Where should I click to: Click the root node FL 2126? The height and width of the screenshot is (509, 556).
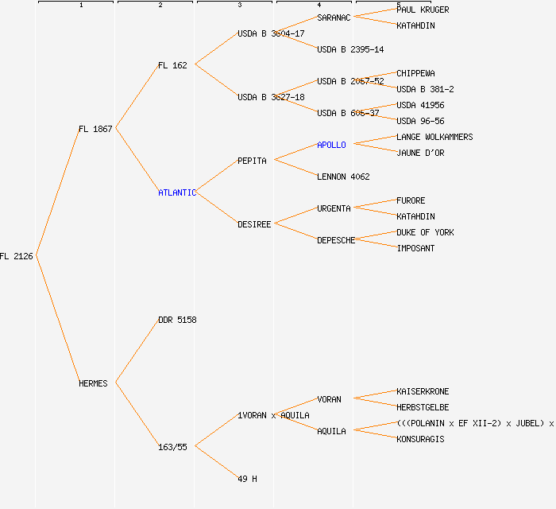coord(17,256)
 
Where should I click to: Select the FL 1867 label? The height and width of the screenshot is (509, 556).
coord(95,129)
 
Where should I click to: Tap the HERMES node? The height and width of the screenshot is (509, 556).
coord(93,383)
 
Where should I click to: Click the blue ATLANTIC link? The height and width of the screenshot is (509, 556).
coord(176,192)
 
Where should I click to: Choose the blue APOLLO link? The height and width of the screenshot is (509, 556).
coord(331,145)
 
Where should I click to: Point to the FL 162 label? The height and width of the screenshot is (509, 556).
coord(172,65)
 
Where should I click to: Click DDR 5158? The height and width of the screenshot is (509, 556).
coord(177,320)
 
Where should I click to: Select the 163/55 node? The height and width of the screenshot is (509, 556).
coord(172,447)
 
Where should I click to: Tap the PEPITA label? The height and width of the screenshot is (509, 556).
coord(252,161)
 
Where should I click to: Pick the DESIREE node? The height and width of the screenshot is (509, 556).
coord(254,224)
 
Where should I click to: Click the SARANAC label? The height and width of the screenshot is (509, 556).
coord(334,17)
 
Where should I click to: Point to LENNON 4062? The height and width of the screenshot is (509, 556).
coord(343,177)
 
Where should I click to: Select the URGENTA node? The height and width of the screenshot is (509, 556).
coord(334,208)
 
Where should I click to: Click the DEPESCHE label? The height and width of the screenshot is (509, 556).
coord(336,240)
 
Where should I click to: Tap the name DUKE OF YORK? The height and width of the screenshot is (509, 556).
coord(425,232)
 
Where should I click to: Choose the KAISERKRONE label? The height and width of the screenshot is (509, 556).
coord(423,391)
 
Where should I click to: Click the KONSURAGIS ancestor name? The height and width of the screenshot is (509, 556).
coord(420,439)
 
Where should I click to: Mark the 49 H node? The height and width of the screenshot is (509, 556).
coord(247,479)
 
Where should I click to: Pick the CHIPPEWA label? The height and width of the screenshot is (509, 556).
coord(415,73)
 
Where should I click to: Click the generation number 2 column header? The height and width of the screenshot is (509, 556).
coord(160,6)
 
